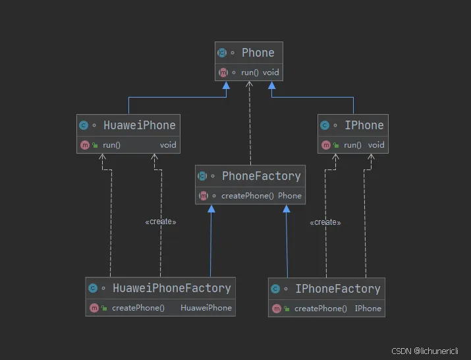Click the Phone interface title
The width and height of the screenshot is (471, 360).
point(258,53)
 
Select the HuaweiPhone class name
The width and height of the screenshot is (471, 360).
point(139,125)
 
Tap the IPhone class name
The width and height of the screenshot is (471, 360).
point(364,125)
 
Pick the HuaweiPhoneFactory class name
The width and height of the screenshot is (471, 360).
point(171,288)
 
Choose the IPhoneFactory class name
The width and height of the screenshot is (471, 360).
point(337,289)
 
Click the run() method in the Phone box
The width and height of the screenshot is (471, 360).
point(250,72)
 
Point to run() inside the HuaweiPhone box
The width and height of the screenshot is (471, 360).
point(111,145)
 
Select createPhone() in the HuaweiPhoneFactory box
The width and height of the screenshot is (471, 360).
point(138,308)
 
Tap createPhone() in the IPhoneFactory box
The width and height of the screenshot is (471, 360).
point(320,309)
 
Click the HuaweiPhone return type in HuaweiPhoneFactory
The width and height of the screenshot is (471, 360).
point(206,308)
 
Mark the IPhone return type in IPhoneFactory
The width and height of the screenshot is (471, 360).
point(368,309)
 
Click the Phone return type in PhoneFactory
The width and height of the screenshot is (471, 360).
point(290,196)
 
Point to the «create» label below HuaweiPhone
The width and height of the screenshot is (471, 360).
point(161,222)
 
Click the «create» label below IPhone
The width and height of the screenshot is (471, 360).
point(325,223)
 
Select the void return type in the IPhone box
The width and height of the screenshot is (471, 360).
point(376,145)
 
